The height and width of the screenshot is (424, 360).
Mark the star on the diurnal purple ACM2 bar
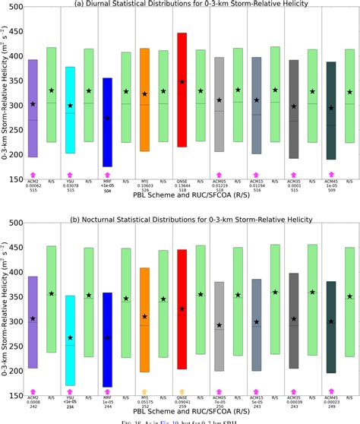(x=33, y=103)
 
